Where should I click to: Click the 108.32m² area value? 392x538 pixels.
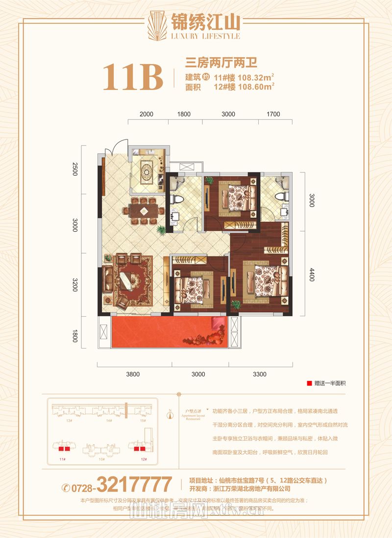(256, 77)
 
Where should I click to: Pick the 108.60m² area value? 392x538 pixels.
(256, 87)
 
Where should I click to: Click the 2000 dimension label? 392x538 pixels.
(146, 114)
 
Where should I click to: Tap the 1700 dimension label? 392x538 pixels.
(273, 114)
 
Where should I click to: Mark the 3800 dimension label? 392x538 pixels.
(133, 374)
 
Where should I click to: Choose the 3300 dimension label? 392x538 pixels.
(260, 374)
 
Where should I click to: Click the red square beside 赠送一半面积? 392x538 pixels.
(309, 384)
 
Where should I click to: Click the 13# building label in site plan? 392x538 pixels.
(69, 421)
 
